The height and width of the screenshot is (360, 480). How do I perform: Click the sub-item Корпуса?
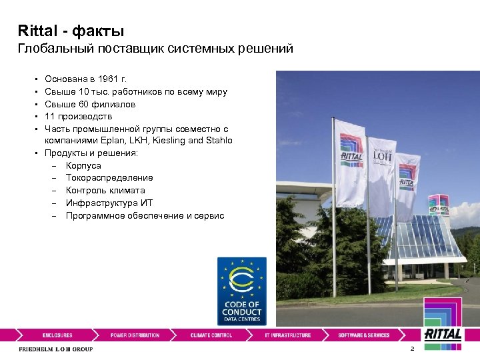tap(83, 165)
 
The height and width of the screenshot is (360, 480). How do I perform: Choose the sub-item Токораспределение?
tap(109, 178)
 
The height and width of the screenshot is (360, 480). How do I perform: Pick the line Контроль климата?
tap(105, 191)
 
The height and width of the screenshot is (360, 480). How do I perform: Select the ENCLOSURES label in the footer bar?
tap(57, 335)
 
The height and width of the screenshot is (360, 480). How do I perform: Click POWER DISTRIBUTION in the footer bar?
tap(135, 335)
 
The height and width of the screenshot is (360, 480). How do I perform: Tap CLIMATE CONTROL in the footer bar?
tap(211, 335)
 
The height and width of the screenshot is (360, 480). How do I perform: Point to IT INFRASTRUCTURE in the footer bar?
tap(287, 335)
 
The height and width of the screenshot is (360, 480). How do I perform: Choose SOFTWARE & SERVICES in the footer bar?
tap(363, 335)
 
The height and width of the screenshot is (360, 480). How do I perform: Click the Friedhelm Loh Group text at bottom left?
tap(55, 349)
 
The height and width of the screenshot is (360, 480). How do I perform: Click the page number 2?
tap(413, 349)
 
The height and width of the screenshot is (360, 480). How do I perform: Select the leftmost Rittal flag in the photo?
tap(350, 163)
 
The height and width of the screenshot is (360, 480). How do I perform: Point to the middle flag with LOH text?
tap(383, 170)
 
